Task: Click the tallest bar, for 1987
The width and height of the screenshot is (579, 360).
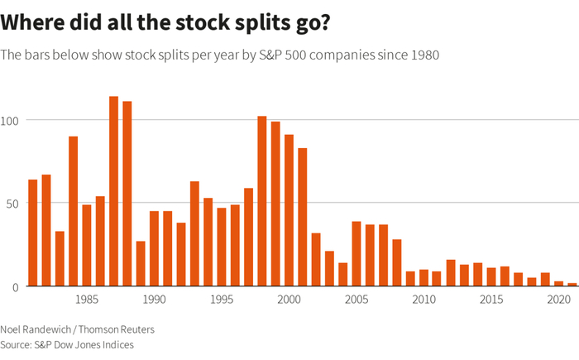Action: pyautogui.click(x=113, y=191)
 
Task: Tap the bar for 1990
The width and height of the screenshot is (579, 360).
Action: pyautogui.click(x=154, y=248)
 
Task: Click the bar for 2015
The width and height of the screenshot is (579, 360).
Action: pyautogui.click(x=491, y=276)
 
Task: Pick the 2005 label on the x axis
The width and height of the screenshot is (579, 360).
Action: pyautogui.click(x=356, y=299)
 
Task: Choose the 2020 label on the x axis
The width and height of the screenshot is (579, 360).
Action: pyautogui.click(x=558, y=299)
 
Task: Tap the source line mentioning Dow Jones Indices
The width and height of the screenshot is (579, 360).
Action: pyautogui.click(x=66, y=344)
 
